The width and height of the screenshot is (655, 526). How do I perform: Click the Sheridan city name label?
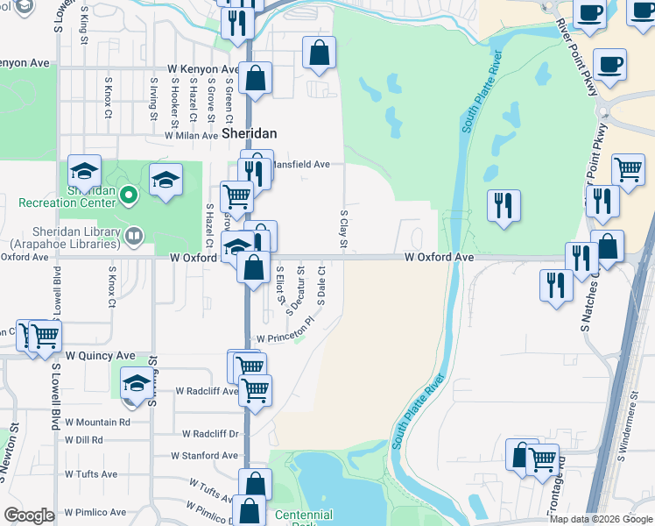click(249, 134)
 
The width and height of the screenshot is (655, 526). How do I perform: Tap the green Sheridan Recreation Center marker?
click(129, 194)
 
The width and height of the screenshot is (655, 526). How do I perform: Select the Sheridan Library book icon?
click(134, 234)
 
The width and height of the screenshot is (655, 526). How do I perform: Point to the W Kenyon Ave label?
click(204, 69)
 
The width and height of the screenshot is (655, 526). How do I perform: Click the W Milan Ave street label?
click(191, 136)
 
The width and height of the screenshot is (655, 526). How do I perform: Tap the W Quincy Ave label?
click(101, 356)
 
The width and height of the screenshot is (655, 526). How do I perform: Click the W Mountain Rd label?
click(97, 422)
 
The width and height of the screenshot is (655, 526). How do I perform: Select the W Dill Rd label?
click(84, 440)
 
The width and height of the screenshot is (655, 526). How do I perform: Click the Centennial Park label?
click(303, 517)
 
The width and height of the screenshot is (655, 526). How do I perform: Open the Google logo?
click(29, 515)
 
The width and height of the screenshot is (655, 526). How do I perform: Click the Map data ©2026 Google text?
click(600, 519)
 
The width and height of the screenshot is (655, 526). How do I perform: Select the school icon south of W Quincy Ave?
click(136, 383)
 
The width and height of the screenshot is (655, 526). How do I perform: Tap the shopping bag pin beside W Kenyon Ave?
click(255, 79)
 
